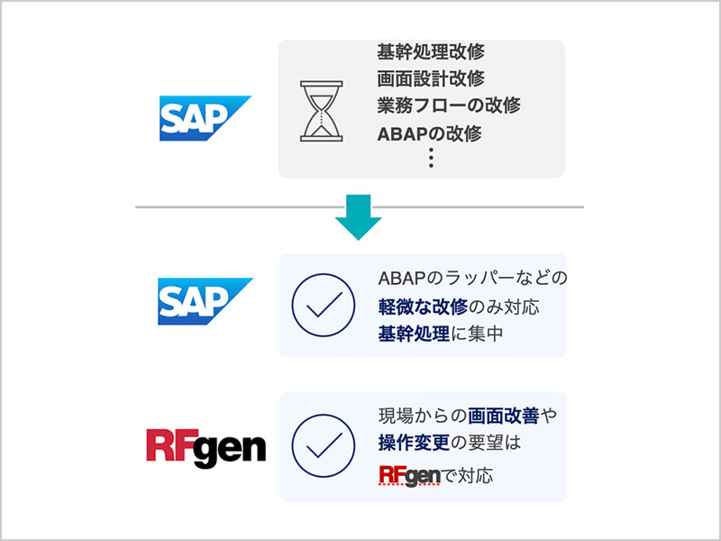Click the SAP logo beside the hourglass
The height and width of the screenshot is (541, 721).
tap(205, 118)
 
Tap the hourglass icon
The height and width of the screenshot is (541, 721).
tap(321, 111)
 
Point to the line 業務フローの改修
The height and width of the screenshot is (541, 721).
tap(448, 105)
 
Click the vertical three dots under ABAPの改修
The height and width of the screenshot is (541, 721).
tap(432, 159)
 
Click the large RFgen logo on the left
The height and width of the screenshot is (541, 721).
tap(206, 448)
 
